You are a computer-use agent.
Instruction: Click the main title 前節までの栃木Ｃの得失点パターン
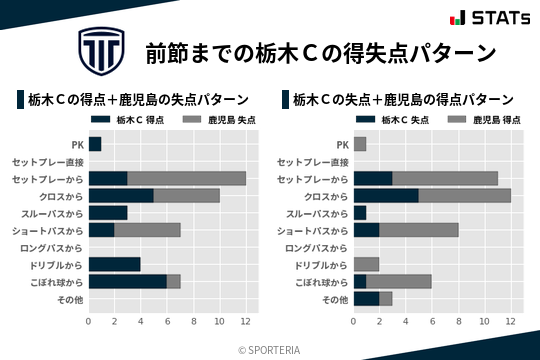pos(320,51)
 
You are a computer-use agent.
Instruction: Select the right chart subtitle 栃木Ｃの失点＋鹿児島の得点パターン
pos(404,100)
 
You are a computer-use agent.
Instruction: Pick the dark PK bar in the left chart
pos(95,144)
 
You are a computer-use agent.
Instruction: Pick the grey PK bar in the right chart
pos(360,144)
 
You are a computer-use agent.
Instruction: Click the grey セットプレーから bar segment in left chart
pos(187,178)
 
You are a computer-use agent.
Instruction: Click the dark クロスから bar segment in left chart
pos(121,196)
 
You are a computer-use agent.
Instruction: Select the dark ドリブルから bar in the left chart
pos(114,265)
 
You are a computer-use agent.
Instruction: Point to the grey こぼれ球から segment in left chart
pos(174,282)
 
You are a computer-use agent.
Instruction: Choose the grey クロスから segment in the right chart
pos(465,196)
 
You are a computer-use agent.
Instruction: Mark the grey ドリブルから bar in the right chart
pos(366,265)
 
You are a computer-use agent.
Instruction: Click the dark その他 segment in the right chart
pos(366,299)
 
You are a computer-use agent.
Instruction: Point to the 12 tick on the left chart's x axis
pos(246,321)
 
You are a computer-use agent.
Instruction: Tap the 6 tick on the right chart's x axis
pos(432,321)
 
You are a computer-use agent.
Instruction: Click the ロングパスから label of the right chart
pos(317,248)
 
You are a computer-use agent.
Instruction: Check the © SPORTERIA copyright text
pos(270,348)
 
